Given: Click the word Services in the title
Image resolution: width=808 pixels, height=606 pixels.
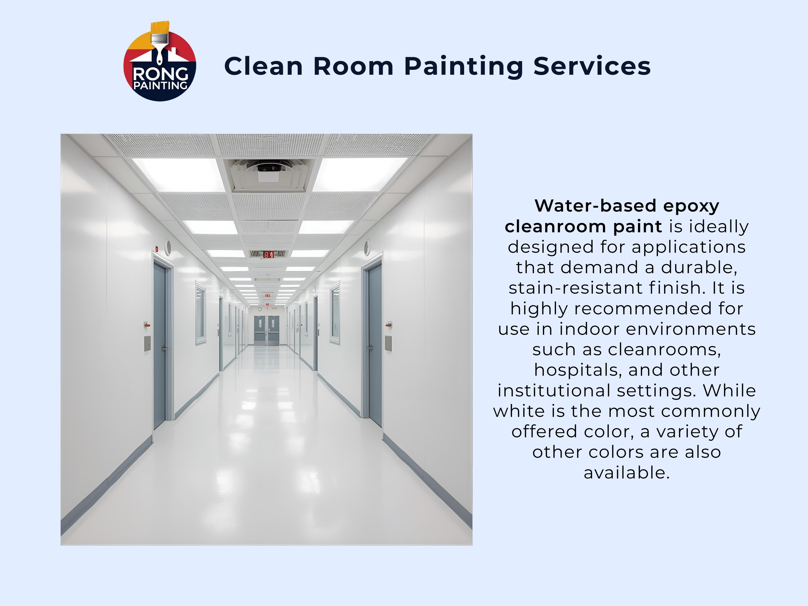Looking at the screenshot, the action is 592,66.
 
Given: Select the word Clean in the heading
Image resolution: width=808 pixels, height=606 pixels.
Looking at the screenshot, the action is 263,66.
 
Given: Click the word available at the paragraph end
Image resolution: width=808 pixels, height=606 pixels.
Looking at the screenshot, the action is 626,473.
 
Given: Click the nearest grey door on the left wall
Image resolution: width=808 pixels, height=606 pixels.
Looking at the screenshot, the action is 160,345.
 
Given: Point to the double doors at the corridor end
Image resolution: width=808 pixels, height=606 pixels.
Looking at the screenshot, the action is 267,331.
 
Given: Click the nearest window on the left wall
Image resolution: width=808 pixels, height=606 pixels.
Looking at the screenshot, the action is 200,313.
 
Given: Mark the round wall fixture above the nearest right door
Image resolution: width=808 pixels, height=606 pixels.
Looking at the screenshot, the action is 367,247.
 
